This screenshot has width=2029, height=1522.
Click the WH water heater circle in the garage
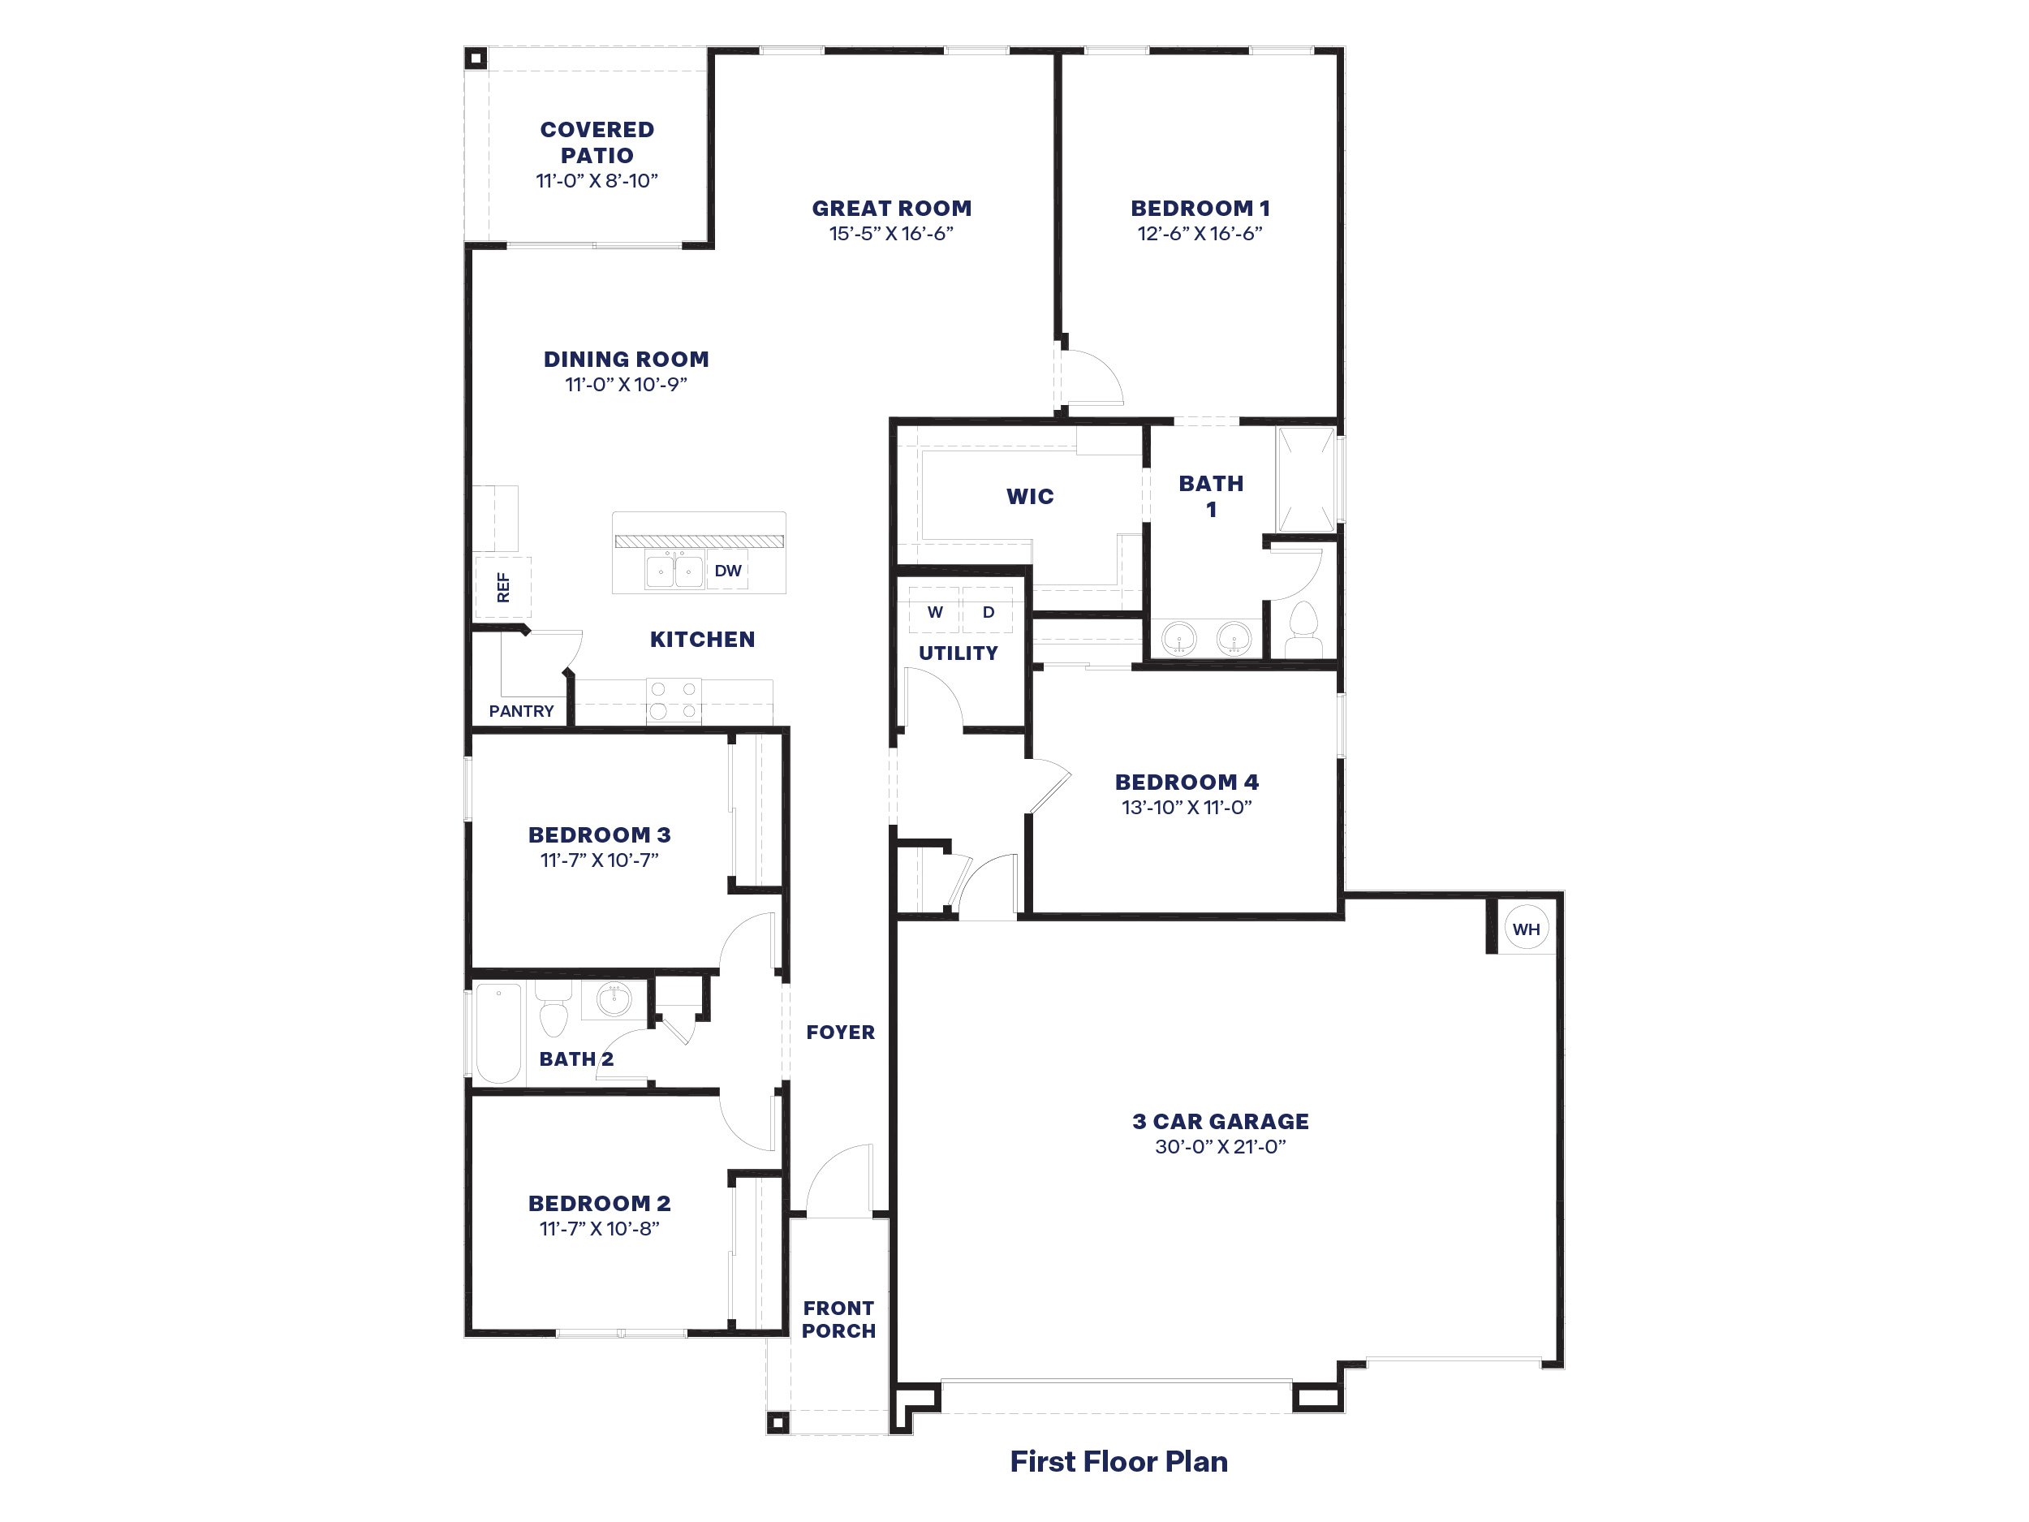[x=1527, y=929]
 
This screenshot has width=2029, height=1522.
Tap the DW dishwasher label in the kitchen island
[x=727, y=571]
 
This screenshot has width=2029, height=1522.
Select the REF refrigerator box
[x=502, y=587]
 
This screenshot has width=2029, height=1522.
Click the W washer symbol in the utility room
[x=935, y=612]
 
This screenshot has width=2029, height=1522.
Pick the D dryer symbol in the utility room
[x=988, y=612]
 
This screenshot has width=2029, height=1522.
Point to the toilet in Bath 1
[x=1303, y=628]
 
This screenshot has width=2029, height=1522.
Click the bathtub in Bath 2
[x=498, y=1033]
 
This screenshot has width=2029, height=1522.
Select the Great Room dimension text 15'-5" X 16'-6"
[x=890, y=234]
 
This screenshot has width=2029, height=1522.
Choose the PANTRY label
[x=521, y=711]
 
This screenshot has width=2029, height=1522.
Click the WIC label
[x=1029, y=496]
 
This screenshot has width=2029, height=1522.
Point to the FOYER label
[x=840, y=1032]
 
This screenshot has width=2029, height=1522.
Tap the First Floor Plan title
[x=1118, y=1461]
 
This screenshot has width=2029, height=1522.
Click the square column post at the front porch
[x=777, y=1423]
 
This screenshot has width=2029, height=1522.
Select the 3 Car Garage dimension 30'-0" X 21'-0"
[x=1220, y=1147]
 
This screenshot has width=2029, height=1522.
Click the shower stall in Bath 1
[x=1306, y=479]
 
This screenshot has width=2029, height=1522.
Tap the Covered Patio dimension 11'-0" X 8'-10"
[x=597, y=181]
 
